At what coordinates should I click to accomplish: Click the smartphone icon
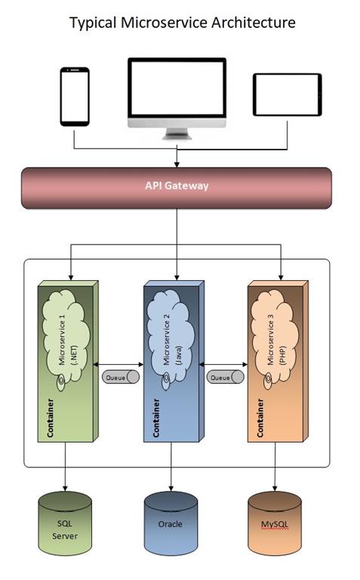75,97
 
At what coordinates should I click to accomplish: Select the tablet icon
287,95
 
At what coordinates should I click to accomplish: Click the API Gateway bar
177,187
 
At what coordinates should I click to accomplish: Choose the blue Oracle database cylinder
171,523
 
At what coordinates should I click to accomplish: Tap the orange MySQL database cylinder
275,523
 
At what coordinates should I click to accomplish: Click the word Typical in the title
94,23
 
